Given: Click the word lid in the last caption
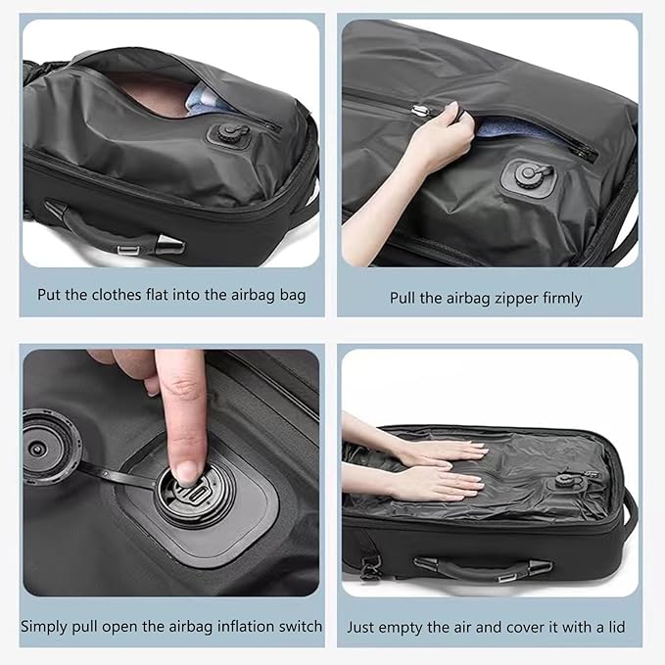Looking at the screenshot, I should [x=613, y=625].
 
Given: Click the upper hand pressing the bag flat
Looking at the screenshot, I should [x=441, y=451].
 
